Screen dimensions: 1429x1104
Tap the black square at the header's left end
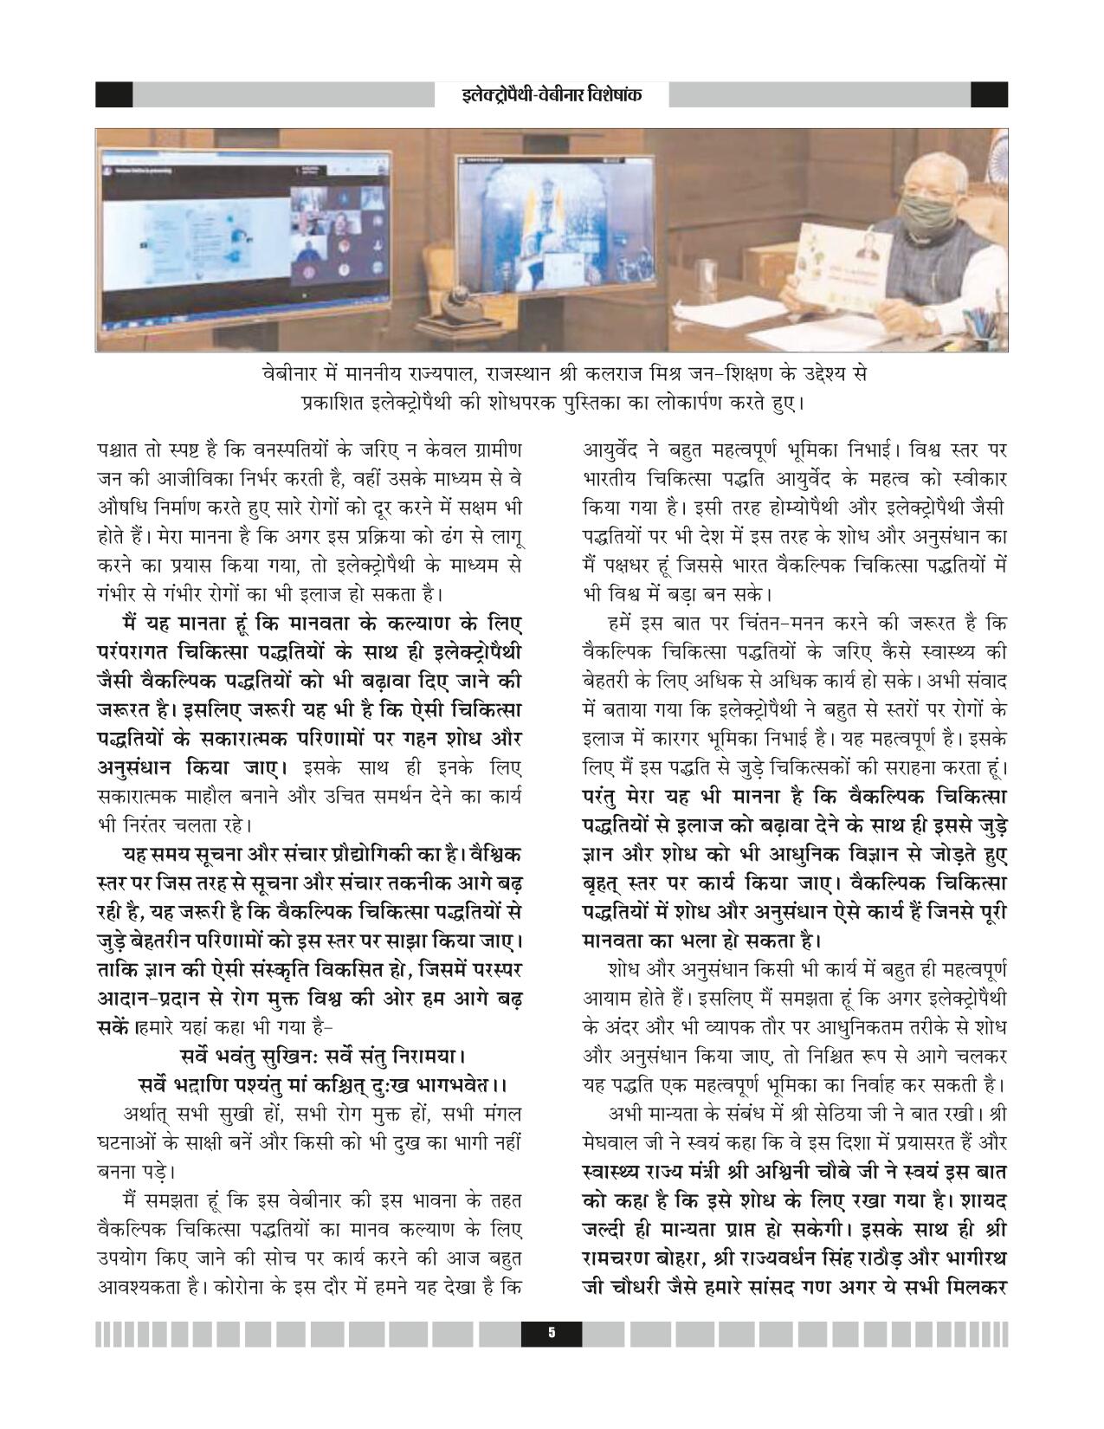point(113,94)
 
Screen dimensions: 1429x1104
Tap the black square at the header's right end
point(989,94)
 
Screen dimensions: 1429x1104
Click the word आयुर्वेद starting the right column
point(610,450)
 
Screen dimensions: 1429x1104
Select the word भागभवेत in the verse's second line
point(452,1084)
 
